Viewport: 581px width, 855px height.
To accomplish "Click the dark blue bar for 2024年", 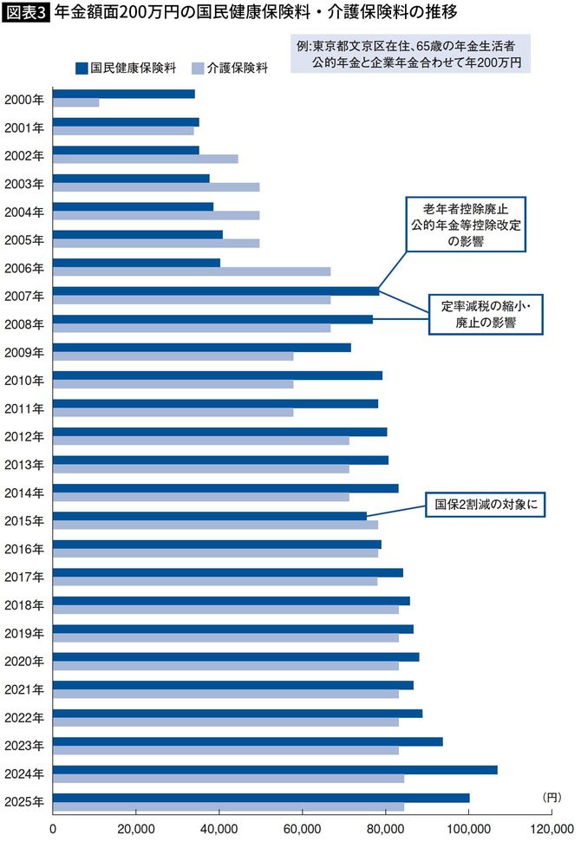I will click(275, 769).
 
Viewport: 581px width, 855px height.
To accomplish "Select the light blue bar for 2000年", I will click(75, 102).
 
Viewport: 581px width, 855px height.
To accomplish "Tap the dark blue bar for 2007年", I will click(216, 290).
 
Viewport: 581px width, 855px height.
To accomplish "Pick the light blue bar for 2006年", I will click(192, 271).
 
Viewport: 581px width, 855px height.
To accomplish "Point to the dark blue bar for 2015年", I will click(210, 516).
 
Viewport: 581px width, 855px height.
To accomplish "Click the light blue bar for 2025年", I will click(228, 806).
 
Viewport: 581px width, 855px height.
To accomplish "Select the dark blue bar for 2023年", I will click(248, 741).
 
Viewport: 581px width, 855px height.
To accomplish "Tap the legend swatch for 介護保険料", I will click(197, 67).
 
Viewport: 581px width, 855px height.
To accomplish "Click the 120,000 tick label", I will click(552, 829).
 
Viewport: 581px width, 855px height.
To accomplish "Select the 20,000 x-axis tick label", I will click(136, 829).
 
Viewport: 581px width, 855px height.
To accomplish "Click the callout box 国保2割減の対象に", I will click(483, 506).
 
